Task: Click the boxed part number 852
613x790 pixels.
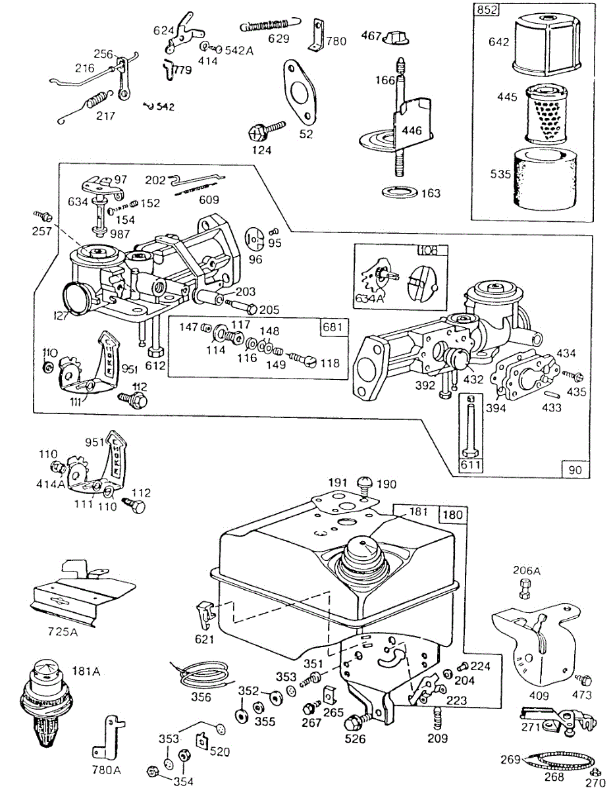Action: click(487, 9)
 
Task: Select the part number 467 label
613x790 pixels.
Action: click(371, 36)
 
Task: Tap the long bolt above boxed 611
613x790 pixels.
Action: click(471, 426)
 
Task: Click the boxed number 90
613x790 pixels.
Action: click(575, 469)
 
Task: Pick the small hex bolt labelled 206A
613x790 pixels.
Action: click(524, 589)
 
